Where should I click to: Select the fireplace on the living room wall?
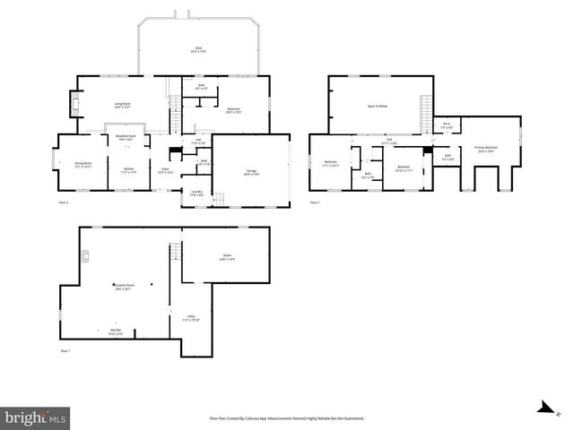[x=74, y=106]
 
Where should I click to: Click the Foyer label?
[x=166, y=169]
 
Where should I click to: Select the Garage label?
[x=251, y=172]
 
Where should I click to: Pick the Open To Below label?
[x=378, y=105]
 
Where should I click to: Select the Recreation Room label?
[x=122, y=287]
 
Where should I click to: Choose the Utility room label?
[x=192, y=317]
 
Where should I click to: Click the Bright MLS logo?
[x=35, y=417]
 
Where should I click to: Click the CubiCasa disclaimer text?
[x=286, y=417]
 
